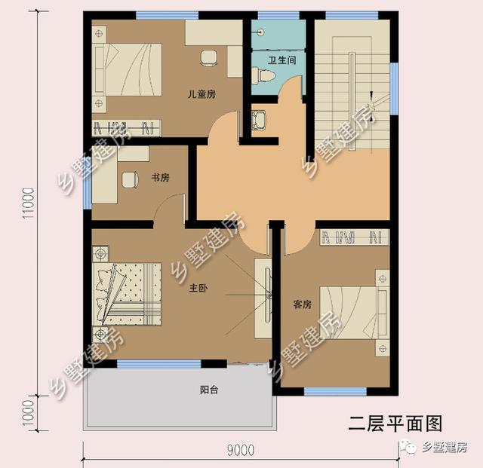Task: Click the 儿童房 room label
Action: click(x=202, y=94)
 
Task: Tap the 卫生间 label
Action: click(x=281, y=60)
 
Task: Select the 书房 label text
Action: click(x=160, y=178)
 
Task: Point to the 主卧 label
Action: click(x=198, y=288)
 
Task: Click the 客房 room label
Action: click(x=302, y=304)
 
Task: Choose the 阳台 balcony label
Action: click(x=209, y=390)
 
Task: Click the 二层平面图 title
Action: click(x=395, y=424)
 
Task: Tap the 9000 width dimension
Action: click(x=241, y=451)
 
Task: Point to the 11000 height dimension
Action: click(x=29, y=203)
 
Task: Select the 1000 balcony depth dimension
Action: click(x=29, y=413)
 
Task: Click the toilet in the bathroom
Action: click(x=263, y=75)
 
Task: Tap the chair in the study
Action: click(x=130, y=179)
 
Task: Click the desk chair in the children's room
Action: click(x=208, y=58)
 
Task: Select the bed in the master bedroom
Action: click(x=128, y=294)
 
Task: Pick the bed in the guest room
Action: click(x=355, y=313)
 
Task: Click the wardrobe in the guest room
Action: click(x=354, y=237)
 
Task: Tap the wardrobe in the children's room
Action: click(x=127, y=127)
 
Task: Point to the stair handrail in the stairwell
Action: click(x=352, y=101)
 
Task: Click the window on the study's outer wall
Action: click(x=88, y=183)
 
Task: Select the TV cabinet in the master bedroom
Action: click(x=263, y=298)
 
